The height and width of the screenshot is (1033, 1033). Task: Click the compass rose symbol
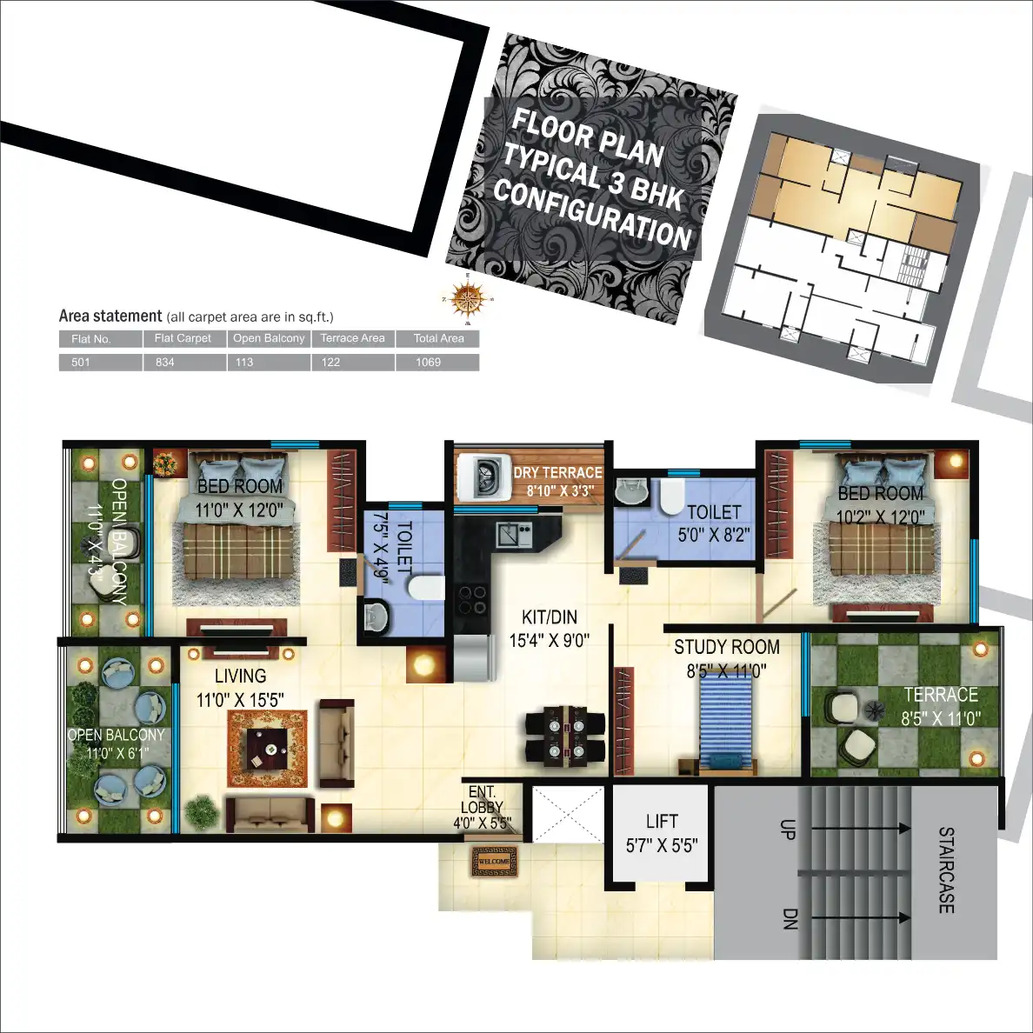(x=468, y=300)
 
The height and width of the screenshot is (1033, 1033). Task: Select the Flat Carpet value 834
(x=165, y=362)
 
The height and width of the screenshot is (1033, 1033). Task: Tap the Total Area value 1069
(x=428, y=362)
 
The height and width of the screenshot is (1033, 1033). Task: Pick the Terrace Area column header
(x=352, y=338)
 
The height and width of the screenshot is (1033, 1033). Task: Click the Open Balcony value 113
(x=244, y=362)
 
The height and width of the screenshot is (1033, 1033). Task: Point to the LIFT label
(x=662, y=822)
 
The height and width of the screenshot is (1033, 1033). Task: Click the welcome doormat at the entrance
(x=494, y=862)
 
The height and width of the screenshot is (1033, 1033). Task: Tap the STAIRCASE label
(x=946, y=870)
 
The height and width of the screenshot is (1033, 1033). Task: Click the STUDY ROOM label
(x=726, y=647)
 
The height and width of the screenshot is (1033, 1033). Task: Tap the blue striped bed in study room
(x=726, y=722)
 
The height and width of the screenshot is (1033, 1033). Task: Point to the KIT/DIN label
(x=549, y=617)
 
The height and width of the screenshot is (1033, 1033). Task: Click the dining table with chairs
(x=565, y=735)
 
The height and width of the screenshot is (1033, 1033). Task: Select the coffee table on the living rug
(x=268, y=749)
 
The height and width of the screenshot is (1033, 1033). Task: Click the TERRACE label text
(x=940, y=695)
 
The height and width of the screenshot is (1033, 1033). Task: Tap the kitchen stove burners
(x=472, y=599)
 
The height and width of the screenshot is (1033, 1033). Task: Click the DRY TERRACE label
(x=557, y=472)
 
